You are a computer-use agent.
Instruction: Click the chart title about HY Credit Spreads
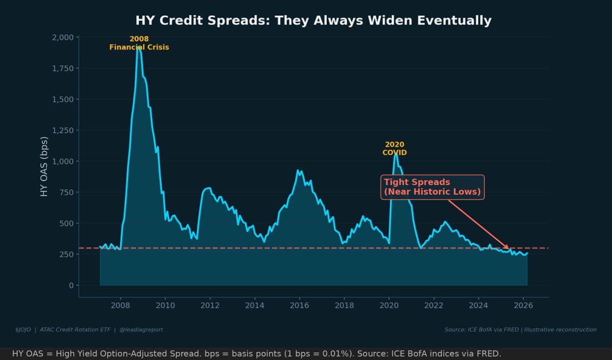click(x=313, y=21)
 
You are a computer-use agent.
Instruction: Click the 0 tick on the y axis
click(x=71, y=286)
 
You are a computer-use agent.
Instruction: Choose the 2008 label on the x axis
click(x=120, y=305)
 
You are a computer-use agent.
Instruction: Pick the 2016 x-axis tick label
click(x=299, y=305)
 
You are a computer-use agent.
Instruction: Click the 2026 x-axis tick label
click(x=523, y=305)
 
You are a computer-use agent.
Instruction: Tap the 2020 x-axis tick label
click(x=389, y=305)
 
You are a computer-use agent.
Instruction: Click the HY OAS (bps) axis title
click(x=44, y=167)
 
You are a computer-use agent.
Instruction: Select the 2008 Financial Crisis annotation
click(x=139, y=43)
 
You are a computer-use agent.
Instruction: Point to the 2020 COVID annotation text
click(x=394, y=148)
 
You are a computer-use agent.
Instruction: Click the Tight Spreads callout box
click(x=432, y=187)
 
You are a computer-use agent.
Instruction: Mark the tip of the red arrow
click(x=508, y=248)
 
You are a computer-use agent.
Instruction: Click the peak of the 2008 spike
click(x=138, y=47)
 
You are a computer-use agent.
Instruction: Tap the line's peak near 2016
click(x=299, y=170)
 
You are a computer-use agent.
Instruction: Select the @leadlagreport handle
click(x=141, y=329)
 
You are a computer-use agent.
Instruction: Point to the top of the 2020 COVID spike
click(x=395, y=153)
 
